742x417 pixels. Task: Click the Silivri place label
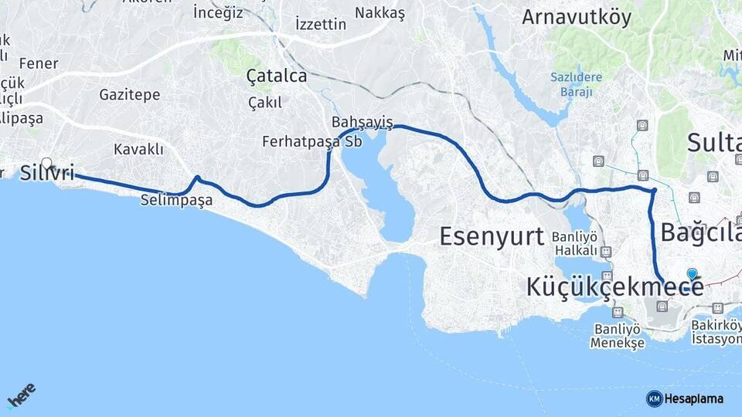(48, 173)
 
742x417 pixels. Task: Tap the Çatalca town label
(276, 76)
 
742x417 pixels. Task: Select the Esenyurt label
(492, 236)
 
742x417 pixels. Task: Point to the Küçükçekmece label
(614, 286)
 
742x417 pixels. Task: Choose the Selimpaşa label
(176, 199)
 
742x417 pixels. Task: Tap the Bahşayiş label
(362, 123)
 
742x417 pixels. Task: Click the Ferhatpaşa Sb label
(312, 141)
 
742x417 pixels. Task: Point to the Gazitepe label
(129, 95)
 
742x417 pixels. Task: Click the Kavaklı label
(138, 148)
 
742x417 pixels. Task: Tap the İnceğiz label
(218, 12)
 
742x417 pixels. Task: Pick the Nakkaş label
(380, 12)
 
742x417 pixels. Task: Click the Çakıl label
(265, 102)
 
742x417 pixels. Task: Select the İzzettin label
(321, 24)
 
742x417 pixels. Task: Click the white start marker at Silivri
(46, 163)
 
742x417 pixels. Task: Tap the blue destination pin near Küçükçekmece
(692, 274)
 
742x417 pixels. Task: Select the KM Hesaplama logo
(685, 398)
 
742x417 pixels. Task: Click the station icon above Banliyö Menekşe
(617, 312)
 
